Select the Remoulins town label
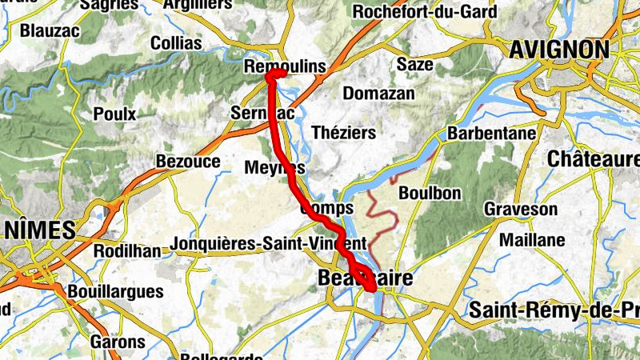286,67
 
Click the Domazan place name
379,94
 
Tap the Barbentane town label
491,133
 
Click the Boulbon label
430,193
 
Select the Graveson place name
521,210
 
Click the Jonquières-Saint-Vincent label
269,243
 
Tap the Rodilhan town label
127,250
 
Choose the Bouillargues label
116,292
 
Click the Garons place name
119,342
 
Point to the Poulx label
114,114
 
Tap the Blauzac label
50,31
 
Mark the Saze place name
414,64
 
